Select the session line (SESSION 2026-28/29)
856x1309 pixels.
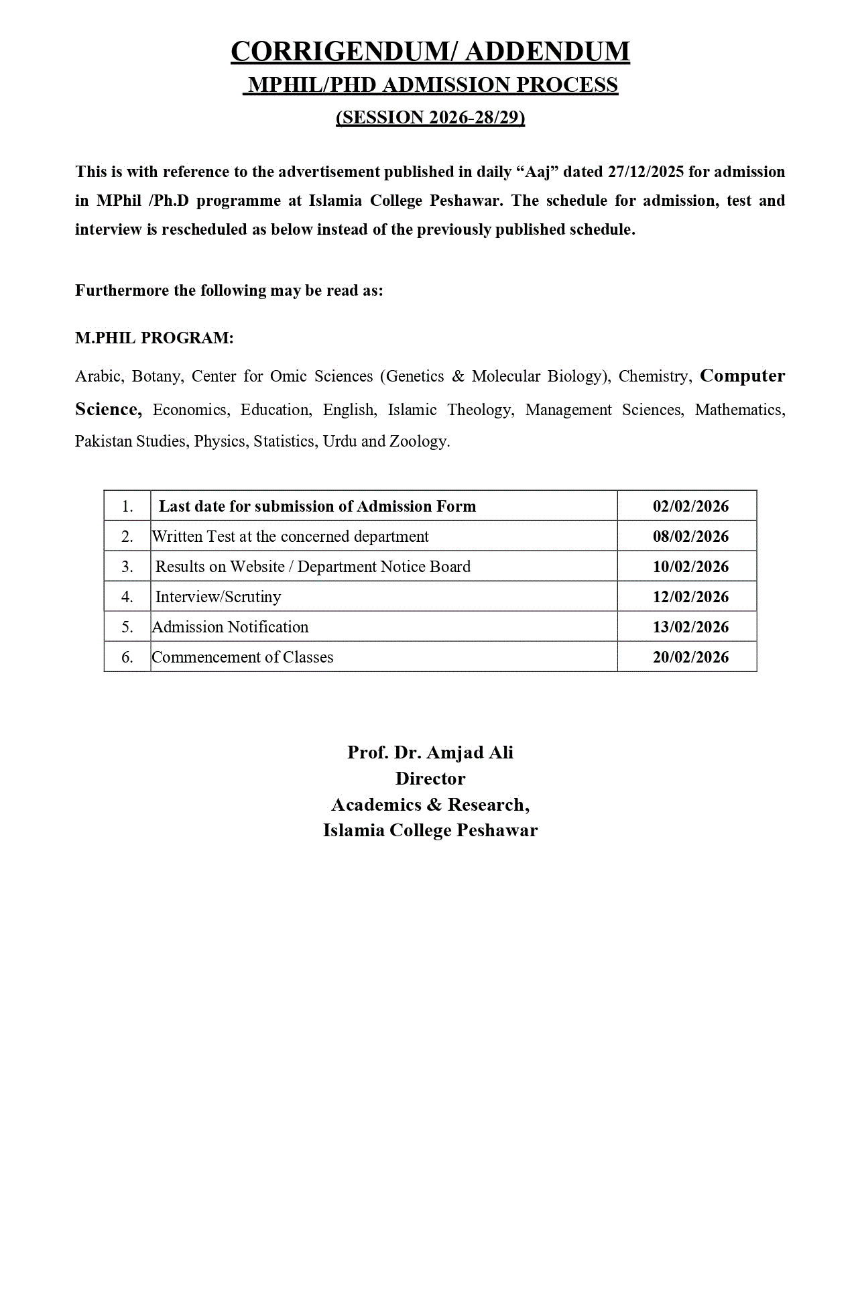[430, 117]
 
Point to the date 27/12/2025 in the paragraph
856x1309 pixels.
[646, 172]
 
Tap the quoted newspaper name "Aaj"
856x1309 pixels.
[537, 172]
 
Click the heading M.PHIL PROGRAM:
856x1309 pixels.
[154, 338]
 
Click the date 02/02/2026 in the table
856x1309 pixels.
[690, 506]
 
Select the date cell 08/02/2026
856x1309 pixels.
[690, 536]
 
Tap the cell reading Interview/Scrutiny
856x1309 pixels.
[218, 597]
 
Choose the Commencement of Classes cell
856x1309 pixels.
[243, 657]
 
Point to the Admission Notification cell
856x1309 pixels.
[231, 627]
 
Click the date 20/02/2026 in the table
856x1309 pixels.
[690, 657]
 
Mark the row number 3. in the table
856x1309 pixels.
[127, 567]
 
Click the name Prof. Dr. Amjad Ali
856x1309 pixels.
[430, 752]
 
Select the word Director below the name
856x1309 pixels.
[430, 779]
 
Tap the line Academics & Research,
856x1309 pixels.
[430, 805]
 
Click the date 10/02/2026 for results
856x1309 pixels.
[690, 567]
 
